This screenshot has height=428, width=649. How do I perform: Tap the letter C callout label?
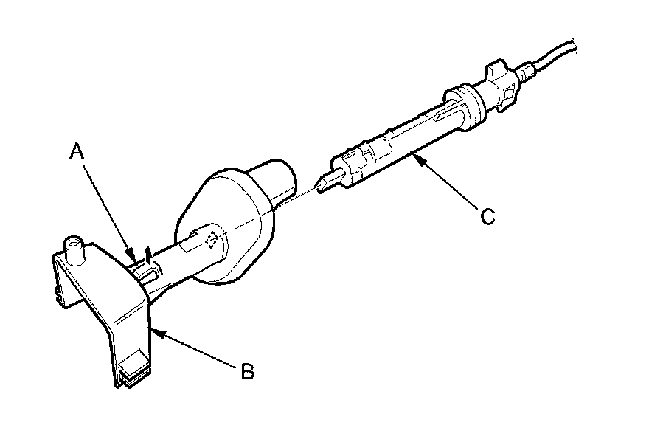point(487,216)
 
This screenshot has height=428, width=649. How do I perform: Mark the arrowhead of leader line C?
point(414,153)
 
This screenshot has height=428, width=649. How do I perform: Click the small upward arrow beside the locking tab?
point(148,255)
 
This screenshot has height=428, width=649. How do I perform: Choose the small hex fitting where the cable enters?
point(526,72)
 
